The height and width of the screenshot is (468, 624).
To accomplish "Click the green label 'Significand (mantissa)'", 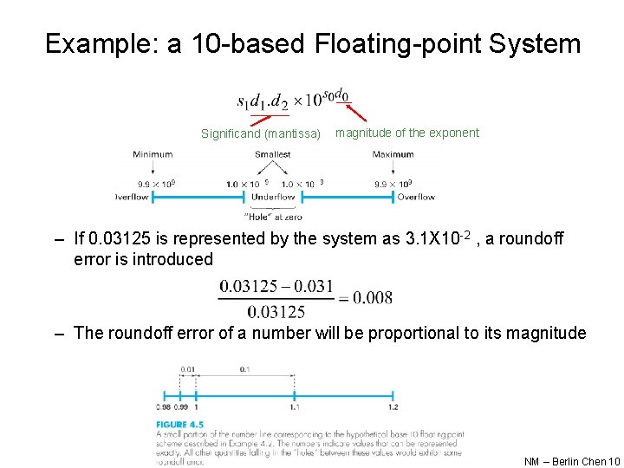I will (261, 133).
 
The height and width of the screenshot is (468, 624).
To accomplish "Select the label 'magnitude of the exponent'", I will (406, 133).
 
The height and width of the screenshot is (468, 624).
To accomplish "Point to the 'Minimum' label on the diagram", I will (153, 154).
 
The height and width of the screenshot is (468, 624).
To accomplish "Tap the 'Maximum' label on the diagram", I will (393, 154).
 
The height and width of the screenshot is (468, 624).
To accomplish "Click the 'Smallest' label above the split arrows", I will (272, 154).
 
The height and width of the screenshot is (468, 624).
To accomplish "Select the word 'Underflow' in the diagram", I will (273, 198).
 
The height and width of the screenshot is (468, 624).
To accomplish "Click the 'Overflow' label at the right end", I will (416, 198).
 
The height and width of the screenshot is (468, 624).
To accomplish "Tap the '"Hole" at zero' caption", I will (273, 216).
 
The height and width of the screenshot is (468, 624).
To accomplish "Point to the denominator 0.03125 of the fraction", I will (276, 312).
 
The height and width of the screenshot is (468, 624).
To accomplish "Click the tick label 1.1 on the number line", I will (295, 407).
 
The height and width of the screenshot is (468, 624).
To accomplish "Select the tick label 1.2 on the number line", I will (393, 407).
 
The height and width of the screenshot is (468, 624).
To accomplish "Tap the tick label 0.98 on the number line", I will (162, 407).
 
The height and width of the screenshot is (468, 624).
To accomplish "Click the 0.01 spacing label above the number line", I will (188, 369).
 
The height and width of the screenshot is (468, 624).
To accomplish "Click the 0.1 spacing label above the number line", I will (245, 369).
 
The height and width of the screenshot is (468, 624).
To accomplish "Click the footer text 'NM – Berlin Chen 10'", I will (572, 461).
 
